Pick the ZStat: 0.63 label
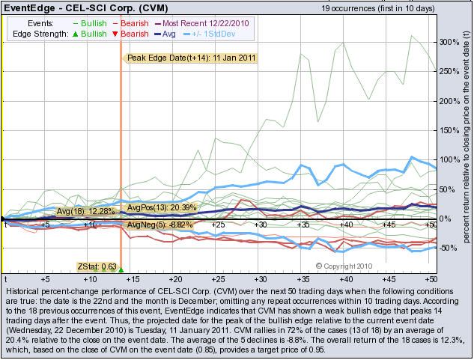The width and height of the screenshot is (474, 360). point(97,266)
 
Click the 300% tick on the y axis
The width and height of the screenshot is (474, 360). point(449,42)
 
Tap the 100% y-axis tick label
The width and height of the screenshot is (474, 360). point(449,159)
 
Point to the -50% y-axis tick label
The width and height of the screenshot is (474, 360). point(449,248)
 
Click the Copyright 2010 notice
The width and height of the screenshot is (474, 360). point(350,266)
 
